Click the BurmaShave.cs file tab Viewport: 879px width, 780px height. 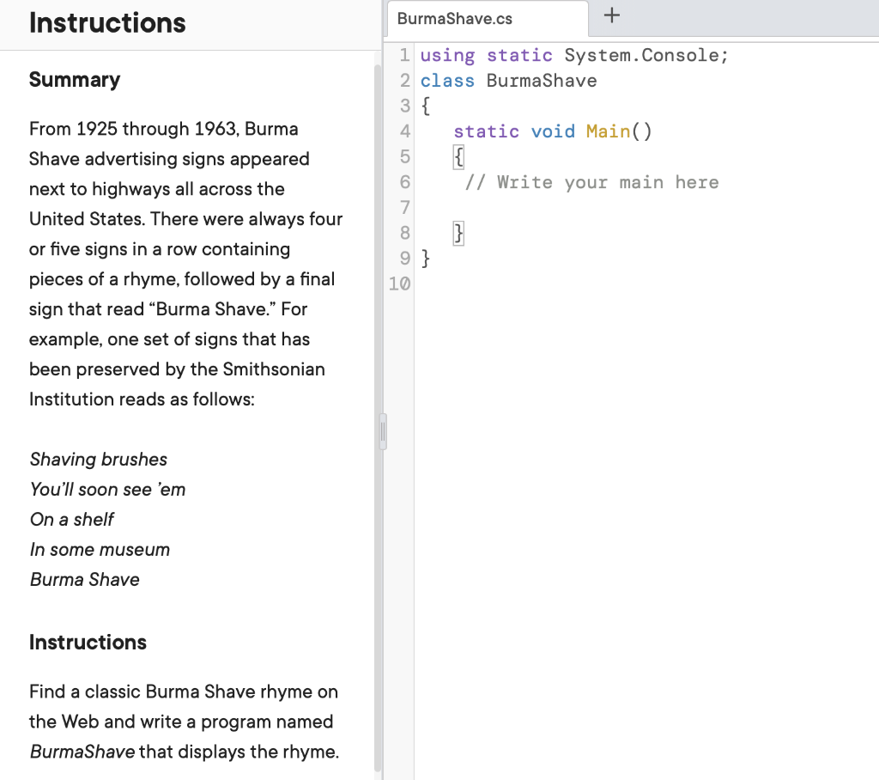pyautogui.click(x=455, y=18)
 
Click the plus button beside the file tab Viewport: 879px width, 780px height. pyautogui.click(x=611, y=15)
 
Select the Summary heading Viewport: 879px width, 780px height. pyautogui.click(x=75, y=80)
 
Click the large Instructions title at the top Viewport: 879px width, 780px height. pyautogui.click(x=107, y=23)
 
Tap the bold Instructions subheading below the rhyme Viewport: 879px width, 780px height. pyautogui.click(x=88, y=643)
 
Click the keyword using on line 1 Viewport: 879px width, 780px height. pyautogui.click(x=447, y=56)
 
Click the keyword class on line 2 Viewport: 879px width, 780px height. pyautogui.click(x=447, y=81)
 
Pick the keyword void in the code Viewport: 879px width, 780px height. pyautogui.click(x=553, y=131)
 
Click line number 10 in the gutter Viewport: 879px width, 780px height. pyautogui.click(x=399, y=283)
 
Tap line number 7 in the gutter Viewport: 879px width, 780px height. pyautogui.click(x=405, y=207)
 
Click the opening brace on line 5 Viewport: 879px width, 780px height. pyautogui.click(x=459, y=157)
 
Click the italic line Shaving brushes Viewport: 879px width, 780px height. pyautogui.click(x=99, y=460)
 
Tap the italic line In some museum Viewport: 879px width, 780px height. pyautogui.click(x=100, y=550)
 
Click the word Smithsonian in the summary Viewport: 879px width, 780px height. pyautogui.click(x=274, y=369)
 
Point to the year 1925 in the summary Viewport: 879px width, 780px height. pyautogui.click(x=96, y=129)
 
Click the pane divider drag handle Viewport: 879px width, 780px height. pyautogui.click(x=382, y=431)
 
